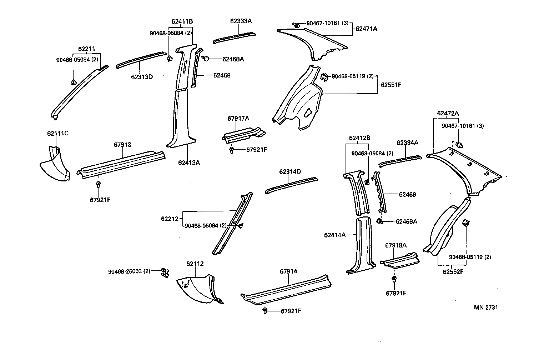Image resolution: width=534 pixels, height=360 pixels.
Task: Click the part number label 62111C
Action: coord(57,134)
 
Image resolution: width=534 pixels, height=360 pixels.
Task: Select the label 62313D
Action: coord(142,76)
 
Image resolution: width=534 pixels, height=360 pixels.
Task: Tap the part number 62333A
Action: coord(241,21)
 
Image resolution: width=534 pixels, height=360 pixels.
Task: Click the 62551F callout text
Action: coord(391,85)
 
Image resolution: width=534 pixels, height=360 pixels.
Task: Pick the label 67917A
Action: coord(238,119)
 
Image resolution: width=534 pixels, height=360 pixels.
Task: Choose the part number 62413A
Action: coord(189,162)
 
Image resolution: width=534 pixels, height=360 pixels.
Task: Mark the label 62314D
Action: coord(290,172)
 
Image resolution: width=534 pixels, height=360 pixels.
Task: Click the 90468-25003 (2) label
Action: coord(129,271)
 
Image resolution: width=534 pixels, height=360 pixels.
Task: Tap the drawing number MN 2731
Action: coord(486,307)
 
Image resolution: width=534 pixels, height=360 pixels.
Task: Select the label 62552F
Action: coord(453,271)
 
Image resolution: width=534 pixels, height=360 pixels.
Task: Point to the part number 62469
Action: coord(407,195)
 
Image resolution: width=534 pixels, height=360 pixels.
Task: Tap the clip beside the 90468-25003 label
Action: coord(164,272)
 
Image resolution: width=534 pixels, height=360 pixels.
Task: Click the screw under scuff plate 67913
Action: coord(98,184)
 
